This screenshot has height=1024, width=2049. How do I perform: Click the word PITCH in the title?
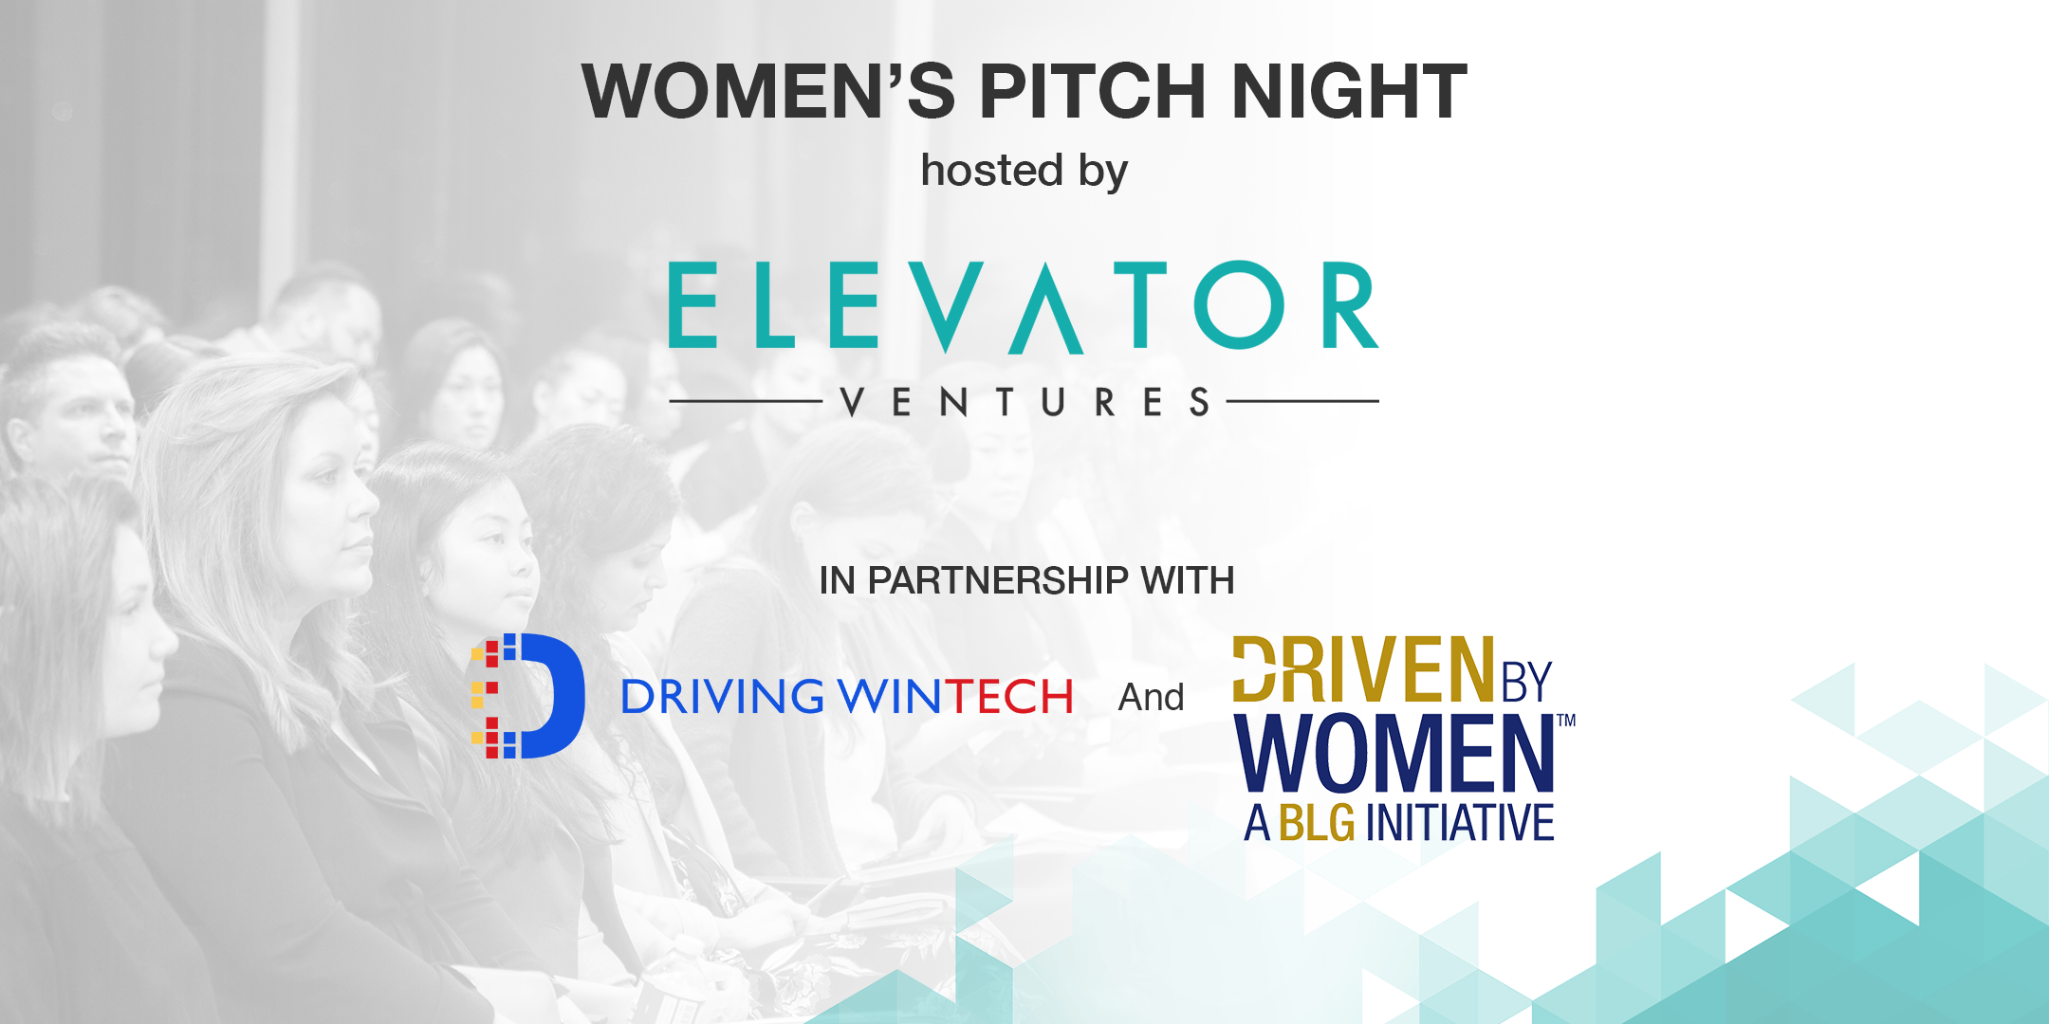(1092, 91)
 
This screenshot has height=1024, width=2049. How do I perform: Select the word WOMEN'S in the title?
(768, 91)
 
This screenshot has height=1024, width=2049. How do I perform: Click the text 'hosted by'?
(1024, 172)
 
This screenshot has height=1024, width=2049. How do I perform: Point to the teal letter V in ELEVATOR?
(951, 306)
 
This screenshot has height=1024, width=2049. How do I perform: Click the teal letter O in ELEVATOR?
(1239, 305)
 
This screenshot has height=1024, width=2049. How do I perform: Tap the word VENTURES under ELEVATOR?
(1024, 402)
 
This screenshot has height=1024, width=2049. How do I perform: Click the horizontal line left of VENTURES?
(746, 401)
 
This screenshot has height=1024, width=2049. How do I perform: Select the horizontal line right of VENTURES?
(1302, 401)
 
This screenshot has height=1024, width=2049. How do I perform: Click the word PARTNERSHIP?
(999, 580)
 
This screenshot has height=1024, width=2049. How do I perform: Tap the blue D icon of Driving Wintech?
(527, 696)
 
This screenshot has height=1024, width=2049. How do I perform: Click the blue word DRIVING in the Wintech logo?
(723, 697)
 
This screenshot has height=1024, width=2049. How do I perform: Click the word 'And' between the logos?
(1152, 698)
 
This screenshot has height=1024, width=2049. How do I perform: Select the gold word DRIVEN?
(1363, 669)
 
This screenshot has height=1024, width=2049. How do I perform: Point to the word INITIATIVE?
(1460, 823)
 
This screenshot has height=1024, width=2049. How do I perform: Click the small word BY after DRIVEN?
(1526, 682)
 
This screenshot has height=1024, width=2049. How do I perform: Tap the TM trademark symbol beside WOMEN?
(1566, 721)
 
